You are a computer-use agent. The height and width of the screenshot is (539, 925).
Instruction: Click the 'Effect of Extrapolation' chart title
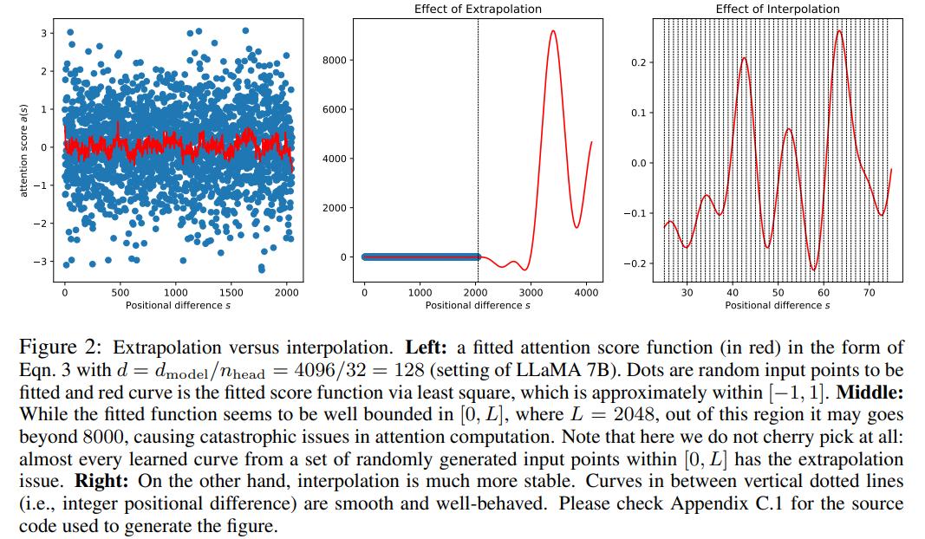coord(478,9)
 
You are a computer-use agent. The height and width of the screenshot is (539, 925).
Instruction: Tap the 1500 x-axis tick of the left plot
coord(231,293)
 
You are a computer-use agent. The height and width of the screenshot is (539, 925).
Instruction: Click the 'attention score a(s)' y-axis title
coord(24,146)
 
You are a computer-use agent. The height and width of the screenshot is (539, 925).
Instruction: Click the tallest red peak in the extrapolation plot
coord(552,31)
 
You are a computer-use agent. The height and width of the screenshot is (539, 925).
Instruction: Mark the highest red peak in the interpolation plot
coord(838,31)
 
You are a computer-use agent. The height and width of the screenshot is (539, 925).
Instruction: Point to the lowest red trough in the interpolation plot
coord(813,269)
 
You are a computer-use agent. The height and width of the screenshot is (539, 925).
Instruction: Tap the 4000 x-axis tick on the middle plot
coord(587,293)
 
